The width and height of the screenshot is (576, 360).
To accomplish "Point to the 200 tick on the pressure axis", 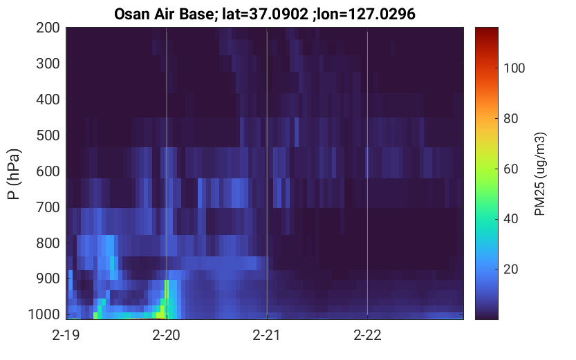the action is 48,28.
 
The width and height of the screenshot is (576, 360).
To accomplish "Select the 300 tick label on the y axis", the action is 48,64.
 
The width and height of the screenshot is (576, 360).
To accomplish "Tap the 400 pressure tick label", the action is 48,100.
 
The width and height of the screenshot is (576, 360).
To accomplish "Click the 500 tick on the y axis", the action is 48,135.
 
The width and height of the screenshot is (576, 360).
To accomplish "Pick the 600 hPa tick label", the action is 48,171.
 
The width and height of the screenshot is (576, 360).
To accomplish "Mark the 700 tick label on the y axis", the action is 48,207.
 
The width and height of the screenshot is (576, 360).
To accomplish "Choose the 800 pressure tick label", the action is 48,243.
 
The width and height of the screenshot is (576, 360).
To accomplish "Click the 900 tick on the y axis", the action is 48,279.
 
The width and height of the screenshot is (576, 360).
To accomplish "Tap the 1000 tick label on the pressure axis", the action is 44,314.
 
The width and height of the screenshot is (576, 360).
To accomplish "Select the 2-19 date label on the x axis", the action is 66,335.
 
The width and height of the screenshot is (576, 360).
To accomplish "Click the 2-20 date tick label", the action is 167,335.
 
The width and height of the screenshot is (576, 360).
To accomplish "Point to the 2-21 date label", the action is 267,335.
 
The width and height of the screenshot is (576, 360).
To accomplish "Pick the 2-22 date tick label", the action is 367,335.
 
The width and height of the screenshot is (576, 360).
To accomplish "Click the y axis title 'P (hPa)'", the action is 14,174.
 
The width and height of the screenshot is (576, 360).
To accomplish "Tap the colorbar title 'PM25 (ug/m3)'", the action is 540,174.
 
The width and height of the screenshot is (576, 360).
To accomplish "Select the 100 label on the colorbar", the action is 514,68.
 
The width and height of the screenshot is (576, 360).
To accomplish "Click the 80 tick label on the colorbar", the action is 510,119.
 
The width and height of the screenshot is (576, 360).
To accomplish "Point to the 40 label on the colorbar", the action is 510,219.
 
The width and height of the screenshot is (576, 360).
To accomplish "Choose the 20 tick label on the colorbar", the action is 510,269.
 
